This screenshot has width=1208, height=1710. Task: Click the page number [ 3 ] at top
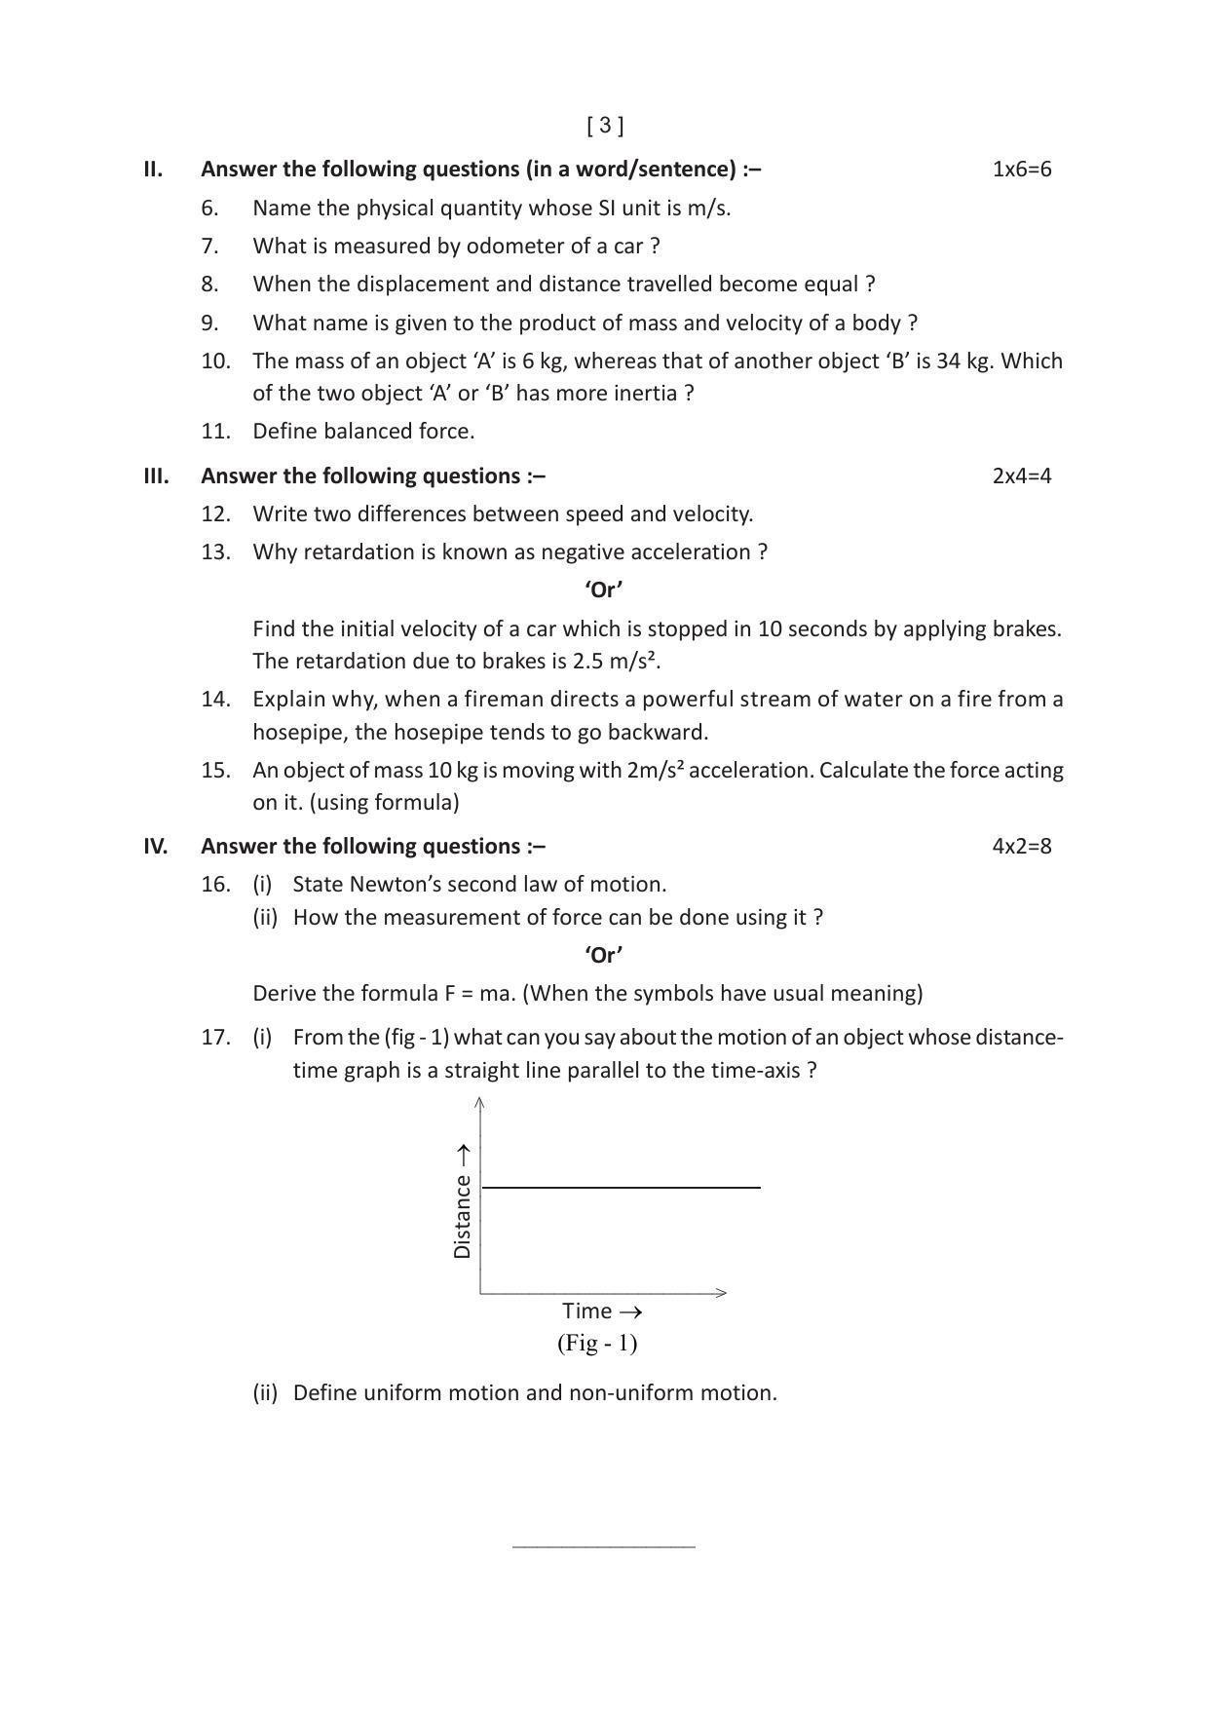point(605,126)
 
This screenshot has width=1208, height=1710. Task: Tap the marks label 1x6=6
point(1021,170)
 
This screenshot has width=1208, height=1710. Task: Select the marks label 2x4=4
point(1021,476)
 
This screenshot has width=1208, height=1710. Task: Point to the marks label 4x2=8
point(1021,846)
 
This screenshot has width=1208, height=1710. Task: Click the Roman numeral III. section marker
point(156,476)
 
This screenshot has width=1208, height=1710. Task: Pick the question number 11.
point(215,432)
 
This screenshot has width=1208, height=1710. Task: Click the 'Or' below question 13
point(604,589)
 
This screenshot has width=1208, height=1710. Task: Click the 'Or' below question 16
point(604,955)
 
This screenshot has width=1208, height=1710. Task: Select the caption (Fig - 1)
point(597,1344)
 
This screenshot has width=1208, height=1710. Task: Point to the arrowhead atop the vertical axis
point(479,1102)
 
